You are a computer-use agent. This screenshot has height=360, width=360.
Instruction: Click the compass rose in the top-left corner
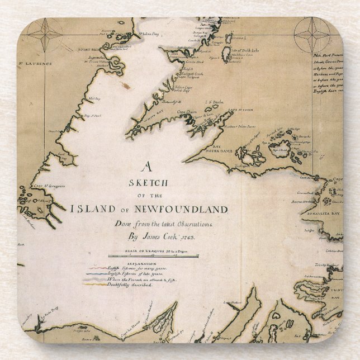45,35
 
